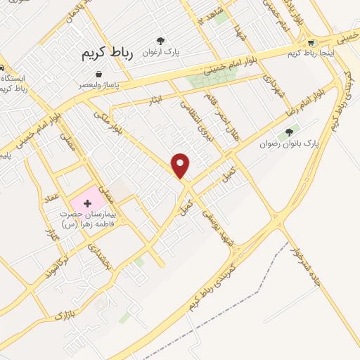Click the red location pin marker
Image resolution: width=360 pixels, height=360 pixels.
[x=181, y=165]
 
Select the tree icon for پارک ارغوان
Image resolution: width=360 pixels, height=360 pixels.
[x=160, y=41]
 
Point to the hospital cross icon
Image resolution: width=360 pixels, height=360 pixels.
[x=87, y=203]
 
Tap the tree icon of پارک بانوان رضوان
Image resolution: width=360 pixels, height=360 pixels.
[x=288, y=132]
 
